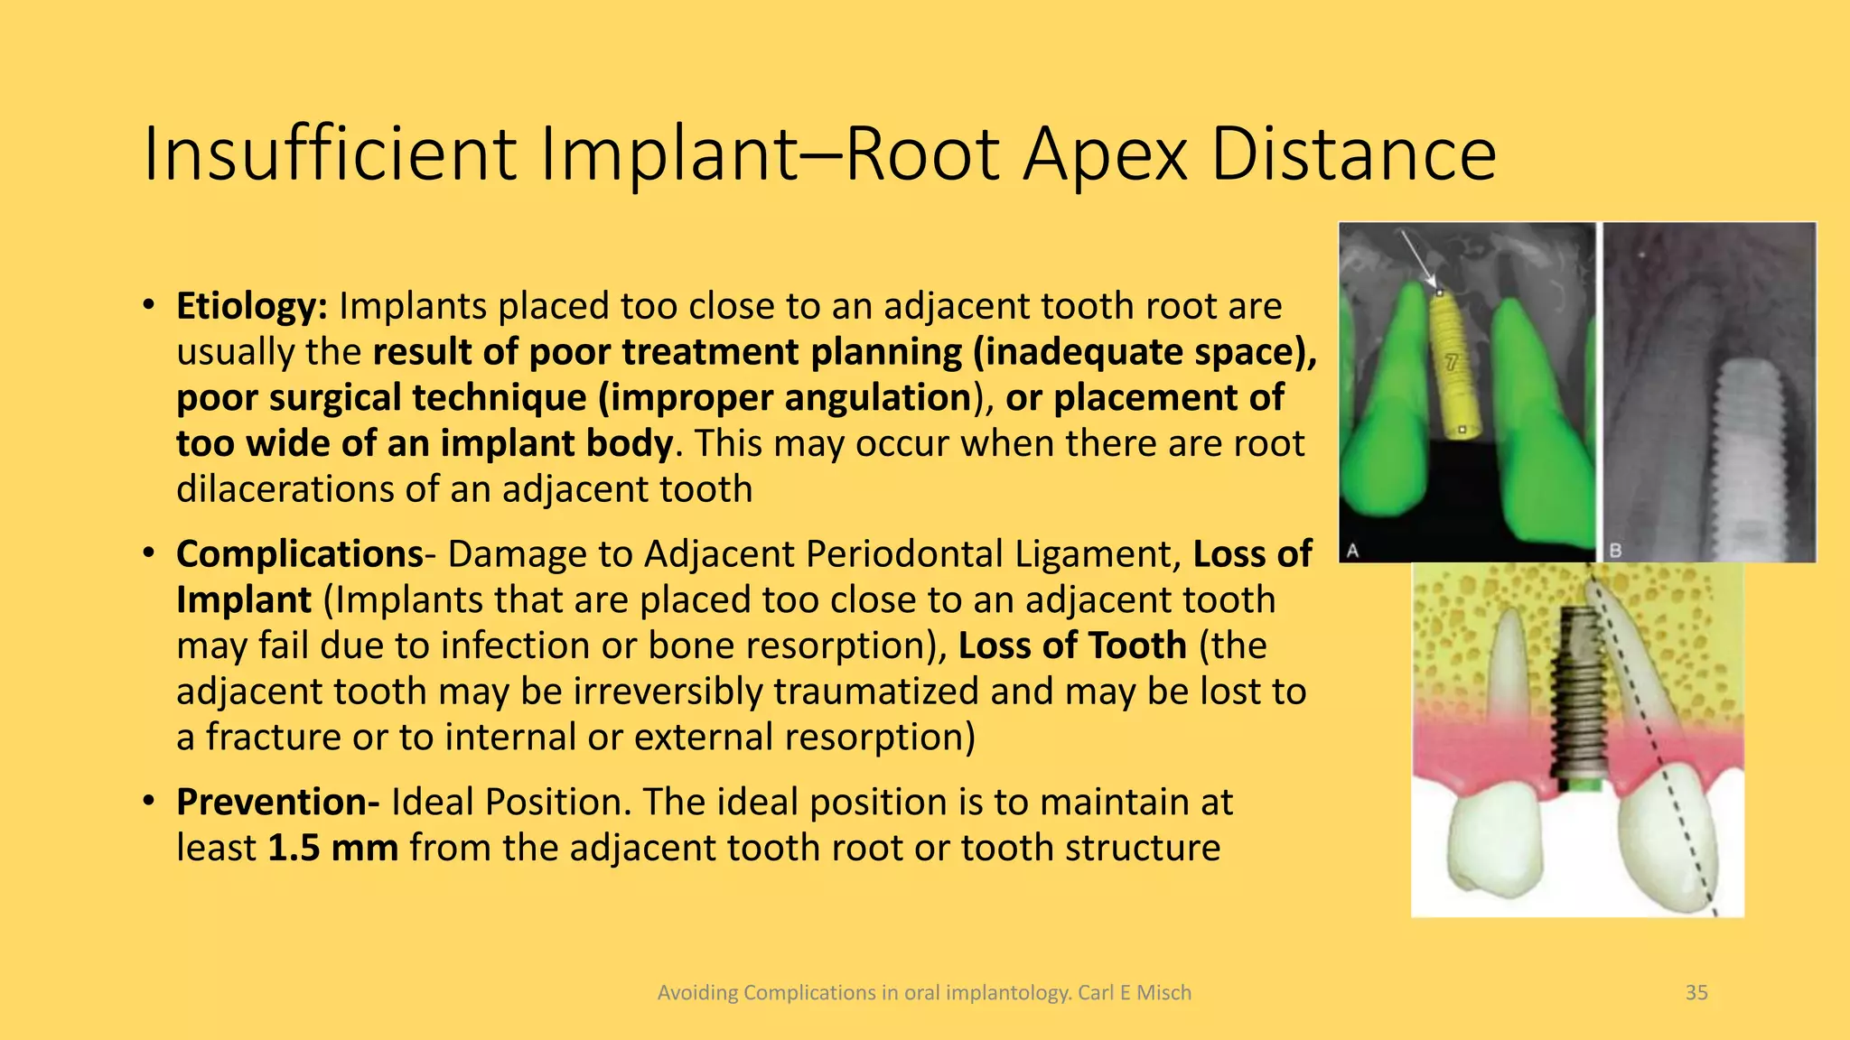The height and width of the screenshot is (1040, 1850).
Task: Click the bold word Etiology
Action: point(251,306)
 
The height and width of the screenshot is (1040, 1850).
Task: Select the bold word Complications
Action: point(299,553)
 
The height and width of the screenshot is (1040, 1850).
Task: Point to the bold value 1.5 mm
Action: point(332,848)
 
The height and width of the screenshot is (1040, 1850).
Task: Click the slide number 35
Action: point(1696,992)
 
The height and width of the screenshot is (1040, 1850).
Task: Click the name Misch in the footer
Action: point(1163,992)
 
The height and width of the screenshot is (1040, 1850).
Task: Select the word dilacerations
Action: point(283,489)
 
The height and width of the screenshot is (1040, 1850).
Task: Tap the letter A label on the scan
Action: point(1352,550)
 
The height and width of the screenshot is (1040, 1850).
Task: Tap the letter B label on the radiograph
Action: point(1615,550)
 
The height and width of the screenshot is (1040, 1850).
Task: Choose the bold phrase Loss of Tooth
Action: point(1071,645)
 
